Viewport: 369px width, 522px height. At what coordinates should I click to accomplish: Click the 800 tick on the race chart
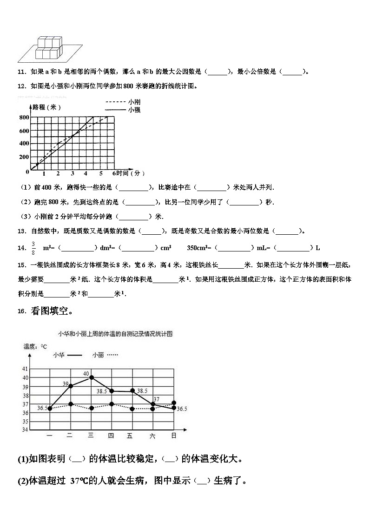tap(24, 117)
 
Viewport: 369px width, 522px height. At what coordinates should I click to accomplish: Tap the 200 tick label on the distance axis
tap(24, 157)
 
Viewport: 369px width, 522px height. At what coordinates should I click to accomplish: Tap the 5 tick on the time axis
tap(101, 174)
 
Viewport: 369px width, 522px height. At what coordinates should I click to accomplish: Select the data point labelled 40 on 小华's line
tap(91, 377)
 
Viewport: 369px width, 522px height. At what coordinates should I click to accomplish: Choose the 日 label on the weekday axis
tap(173, 436)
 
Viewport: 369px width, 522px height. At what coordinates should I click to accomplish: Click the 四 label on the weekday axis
tap(111, 436)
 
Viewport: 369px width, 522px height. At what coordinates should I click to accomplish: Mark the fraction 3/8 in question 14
tap(33, 248)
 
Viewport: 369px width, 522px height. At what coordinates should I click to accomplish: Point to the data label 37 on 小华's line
tap(156, 399)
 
